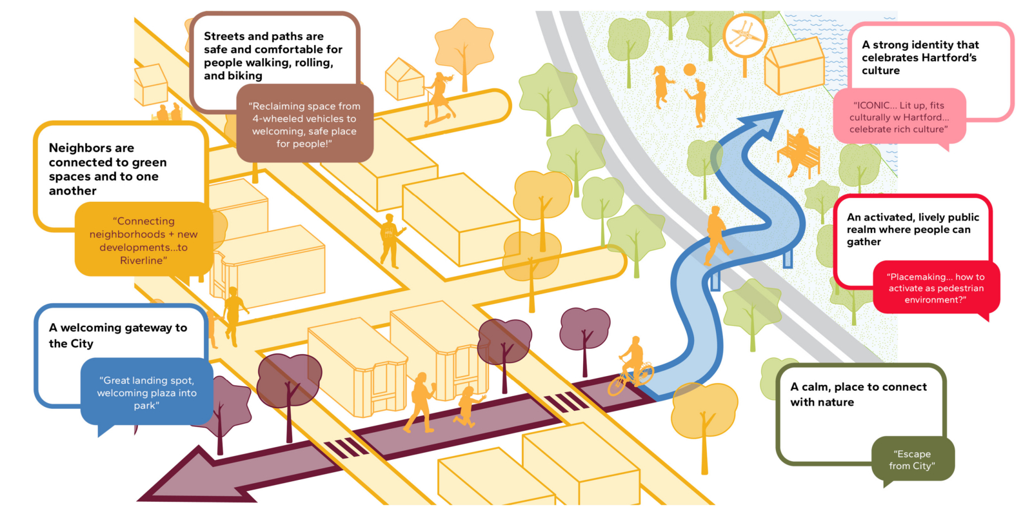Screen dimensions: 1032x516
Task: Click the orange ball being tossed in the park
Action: coord(690,70)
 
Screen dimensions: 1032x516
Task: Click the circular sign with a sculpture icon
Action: coord(744,35)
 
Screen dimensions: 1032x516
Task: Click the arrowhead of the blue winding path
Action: coord(762,125)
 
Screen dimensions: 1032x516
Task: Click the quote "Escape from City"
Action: coord(912,460)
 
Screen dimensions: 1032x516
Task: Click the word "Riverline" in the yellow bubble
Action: coord(143,261)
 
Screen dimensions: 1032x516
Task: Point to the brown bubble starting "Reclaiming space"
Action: coord(304,123)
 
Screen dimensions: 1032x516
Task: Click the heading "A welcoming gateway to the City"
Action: coord(118,335)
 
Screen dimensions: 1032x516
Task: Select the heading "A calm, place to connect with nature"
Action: coord(858,394)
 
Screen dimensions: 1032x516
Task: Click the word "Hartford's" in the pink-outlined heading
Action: coord(950,57)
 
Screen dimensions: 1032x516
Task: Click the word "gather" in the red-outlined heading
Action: coord(864,243)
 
